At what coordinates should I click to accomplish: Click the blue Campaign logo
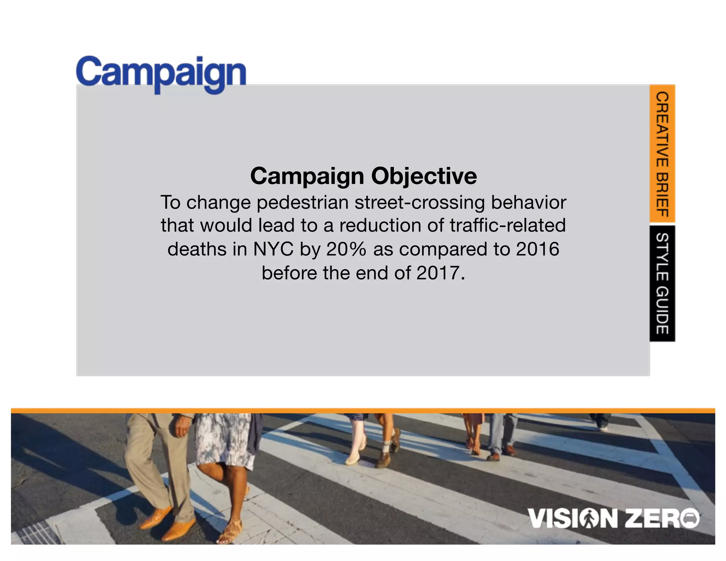point(161,73)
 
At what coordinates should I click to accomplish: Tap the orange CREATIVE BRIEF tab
point(662,154)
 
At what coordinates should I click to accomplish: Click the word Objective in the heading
point(424,176)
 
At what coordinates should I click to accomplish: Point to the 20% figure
point(346,249)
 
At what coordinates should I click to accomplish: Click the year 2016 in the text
point(537,249)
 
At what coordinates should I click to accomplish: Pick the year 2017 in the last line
point(438,273)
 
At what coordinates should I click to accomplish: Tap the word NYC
point(273,249)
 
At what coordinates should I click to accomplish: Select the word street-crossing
point(419,203)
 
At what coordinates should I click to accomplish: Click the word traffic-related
point(508,226)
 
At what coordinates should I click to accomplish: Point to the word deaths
point(197,249)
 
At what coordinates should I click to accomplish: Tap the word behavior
point(528,203)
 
